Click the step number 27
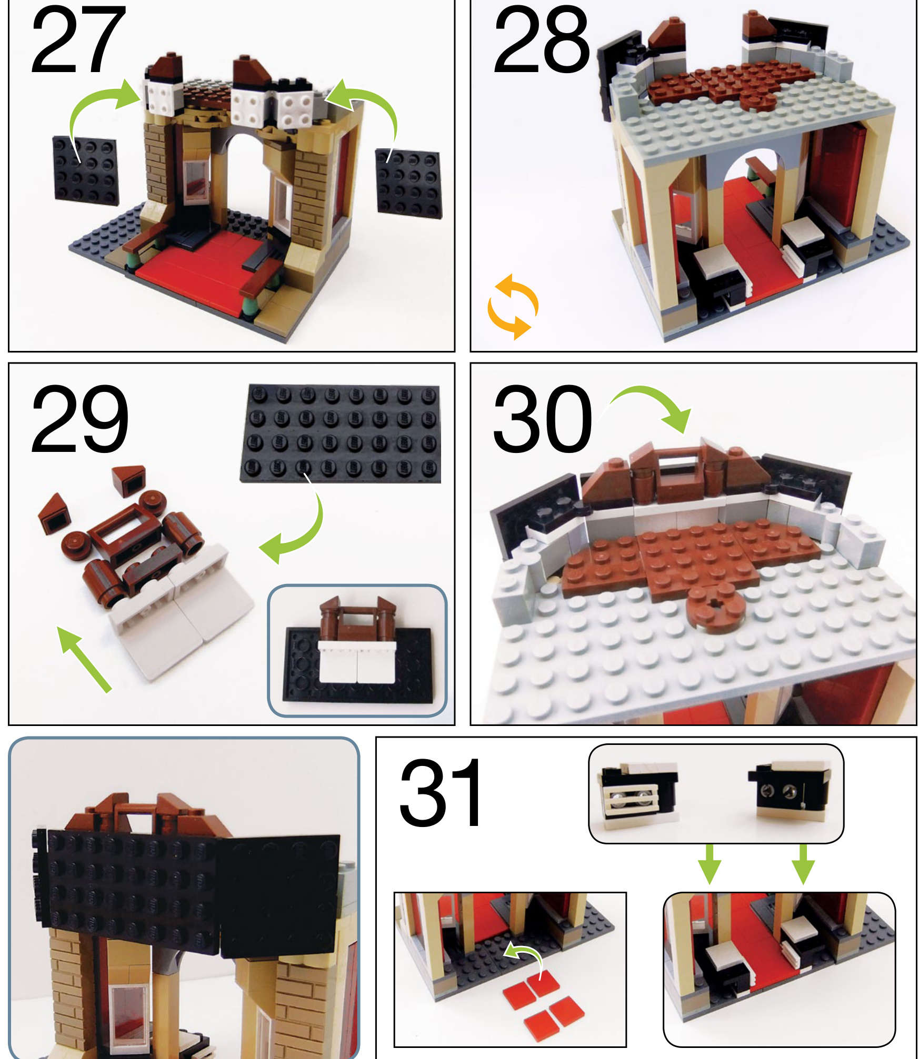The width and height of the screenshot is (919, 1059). pyautogui.click(x=78, y=40)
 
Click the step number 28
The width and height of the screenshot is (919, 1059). pyautogui.click(x=541, y=40)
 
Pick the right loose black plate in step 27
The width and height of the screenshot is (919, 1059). pyautogui.click(x=409, y=183)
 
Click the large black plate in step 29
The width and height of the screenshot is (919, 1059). pyautogui.click(x=341, y=433)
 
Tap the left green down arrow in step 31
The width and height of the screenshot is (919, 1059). pyautogui.click(x=710, y=864)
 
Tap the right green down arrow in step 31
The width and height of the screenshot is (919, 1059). pyautogui.click(x=803, y=864)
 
